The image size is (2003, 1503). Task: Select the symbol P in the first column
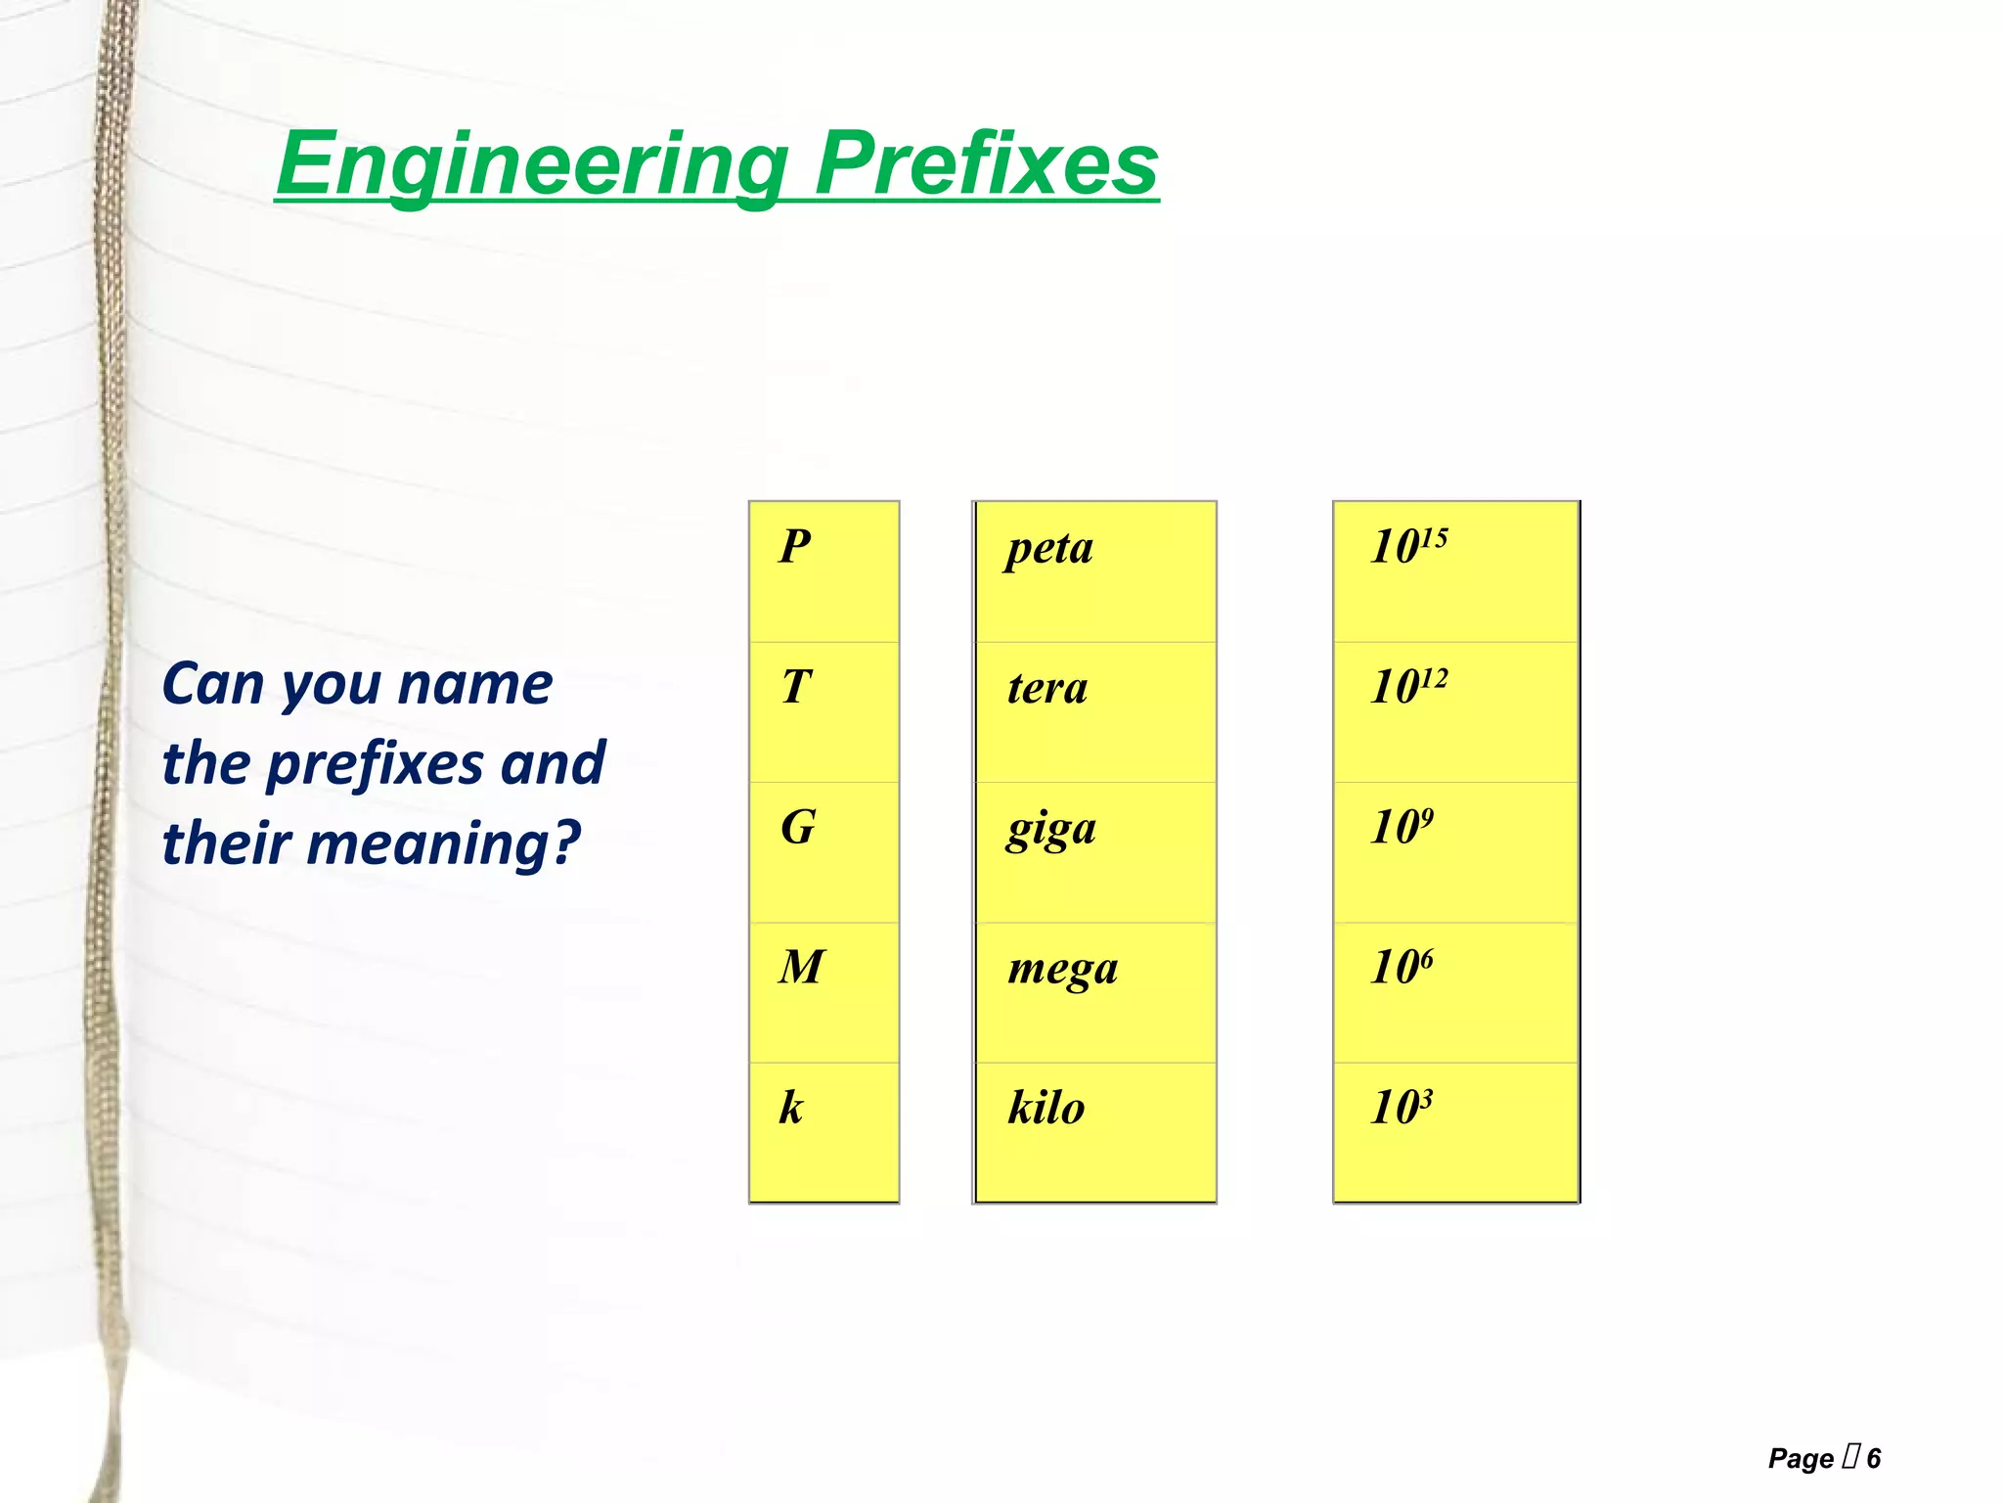coord(795,547)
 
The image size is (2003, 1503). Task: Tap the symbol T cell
coord(796,687)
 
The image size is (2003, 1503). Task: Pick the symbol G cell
coord(798,828)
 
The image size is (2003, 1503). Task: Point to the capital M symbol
coord(802,968)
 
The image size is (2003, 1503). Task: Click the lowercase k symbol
coord(791,1108)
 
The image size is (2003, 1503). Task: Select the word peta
coord(1049,549)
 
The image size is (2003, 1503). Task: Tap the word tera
coord(1047,688)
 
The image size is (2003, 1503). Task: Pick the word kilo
coord(1046,1109)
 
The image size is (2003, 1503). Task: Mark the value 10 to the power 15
coord(1408,546)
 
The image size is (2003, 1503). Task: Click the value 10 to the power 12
coord(1408,686)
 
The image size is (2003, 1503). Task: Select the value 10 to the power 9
coord(1402,827)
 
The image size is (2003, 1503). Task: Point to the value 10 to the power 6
coord(1402,967)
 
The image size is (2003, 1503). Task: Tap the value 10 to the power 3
coord(1402,1107)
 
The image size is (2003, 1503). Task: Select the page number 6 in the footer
coord(1873,1459)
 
